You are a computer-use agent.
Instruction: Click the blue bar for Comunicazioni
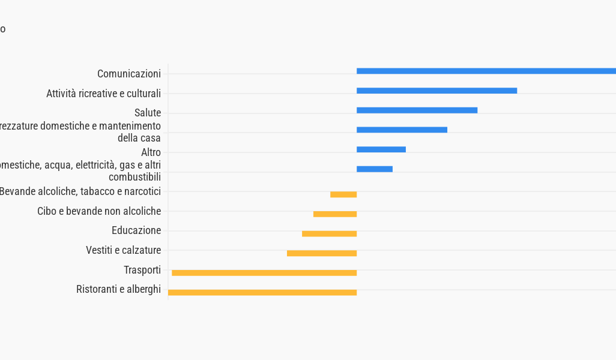coord(486,71)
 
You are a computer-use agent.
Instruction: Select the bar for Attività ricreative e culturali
coord(436,91)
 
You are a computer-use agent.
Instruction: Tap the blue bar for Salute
coord(417,110)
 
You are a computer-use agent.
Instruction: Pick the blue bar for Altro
coord(381,149)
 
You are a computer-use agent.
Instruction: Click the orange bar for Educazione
coord(329,233)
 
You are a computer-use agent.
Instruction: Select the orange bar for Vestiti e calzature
coord(322,253)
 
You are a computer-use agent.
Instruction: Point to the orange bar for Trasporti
coord(264,273)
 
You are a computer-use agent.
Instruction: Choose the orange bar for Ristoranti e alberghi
coord(262,293)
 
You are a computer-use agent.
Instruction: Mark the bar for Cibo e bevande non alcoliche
coord(335,214)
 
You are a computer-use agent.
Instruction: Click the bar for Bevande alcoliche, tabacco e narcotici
coord(343,194)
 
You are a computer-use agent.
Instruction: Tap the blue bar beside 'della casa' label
coord(402,130)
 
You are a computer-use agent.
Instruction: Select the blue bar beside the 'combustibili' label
coord(375,169)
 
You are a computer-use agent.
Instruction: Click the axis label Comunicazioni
coord(129,74)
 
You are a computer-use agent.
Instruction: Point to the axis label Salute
coord(148,113)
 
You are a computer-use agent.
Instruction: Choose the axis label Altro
coord(151,152)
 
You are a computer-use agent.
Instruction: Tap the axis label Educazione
coord(136,230)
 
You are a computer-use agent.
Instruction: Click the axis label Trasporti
coord(142,270)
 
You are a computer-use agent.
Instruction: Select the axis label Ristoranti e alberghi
coord(118,289)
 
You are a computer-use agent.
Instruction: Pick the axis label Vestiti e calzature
coord(123,250)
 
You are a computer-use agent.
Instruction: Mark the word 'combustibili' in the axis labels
coord(134,177)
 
